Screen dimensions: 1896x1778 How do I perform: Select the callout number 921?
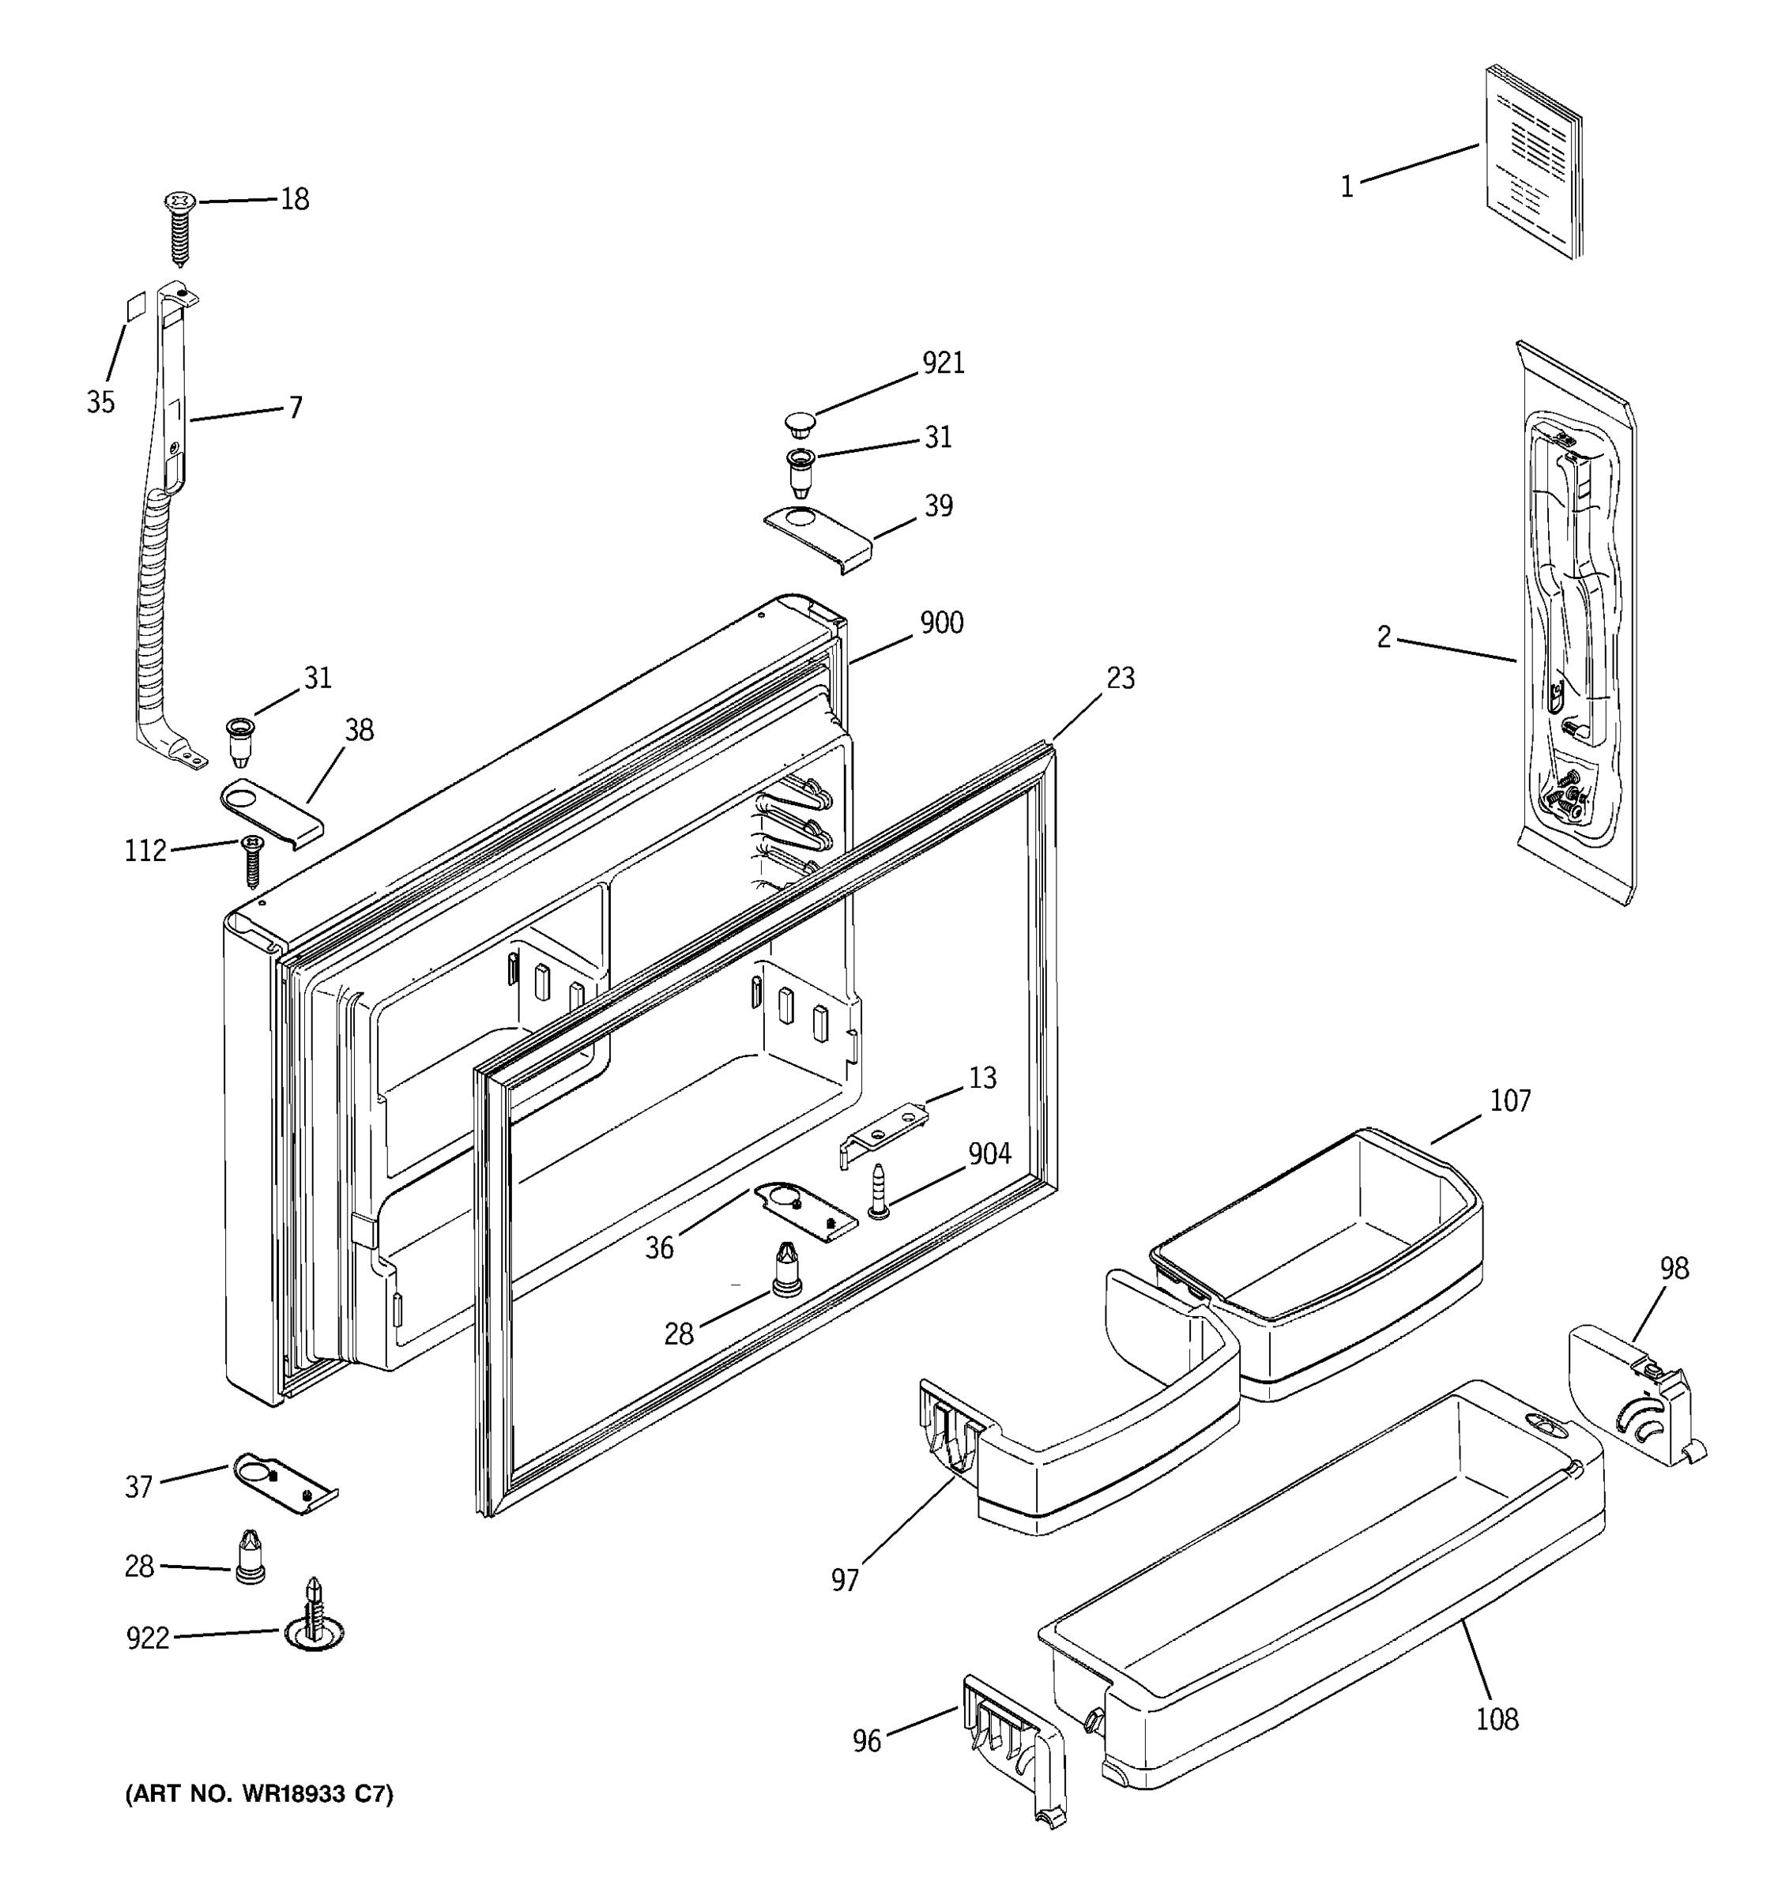[943, 363]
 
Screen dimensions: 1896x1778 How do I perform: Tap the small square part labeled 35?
[137, 307]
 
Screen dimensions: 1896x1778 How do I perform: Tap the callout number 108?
[1497, 1718]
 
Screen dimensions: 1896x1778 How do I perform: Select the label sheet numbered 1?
[1534, 162]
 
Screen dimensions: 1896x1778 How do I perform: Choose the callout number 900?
[941, 623]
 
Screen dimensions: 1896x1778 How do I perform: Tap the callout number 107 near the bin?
[1510, 1100]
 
